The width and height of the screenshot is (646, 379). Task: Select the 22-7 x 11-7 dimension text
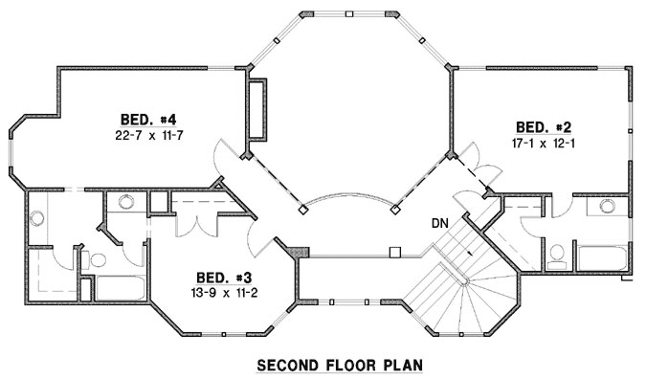tap(150, 135)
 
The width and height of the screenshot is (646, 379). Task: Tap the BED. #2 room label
tap(544, 126)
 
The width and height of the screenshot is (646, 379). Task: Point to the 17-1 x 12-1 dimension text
tap(543, 143)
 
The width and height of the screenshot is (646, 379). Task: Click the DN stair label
tap(439, 224)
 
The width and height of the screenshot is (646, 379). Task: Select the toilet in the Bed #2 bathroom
tap(557, 255)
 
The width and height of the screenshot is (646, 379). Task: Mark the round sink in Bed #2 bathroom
tap(605, 205)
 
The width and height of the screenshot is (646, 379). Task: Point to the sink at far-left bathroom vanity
tap(38, 217)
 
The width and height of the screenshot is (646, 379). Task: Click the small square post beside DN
tap(394, 254)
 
